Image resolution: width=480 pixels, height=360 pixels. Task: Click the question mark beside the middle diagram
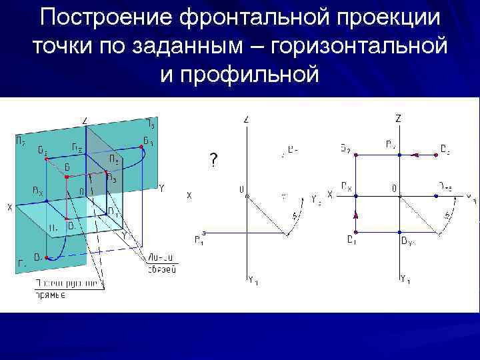213,160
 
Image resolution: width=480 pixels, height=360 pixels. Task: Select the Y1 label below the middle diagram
253,281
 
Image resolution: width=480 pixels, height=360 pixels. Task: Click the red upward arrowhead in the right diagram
356,215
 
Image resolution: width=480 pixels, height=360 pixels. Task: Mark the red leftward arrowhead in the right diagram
415,155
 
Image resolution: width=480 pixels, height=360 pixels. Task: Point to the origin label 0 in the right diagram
394,189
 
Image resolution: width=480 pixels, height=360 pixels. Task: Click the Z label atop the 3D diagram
85,120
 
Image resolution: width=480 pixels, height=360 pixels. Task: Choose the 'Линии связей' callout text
162,264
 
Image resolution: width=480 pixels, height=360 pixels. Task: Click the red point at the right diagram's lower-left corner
356,232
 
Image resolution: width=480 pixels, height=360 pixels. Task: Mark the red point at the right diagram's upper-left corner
356,155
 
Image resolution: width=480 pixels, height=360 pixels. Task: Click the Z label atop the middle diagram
247,119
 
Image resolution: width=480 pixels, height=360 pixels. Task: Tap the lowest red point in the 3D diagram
45,254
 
